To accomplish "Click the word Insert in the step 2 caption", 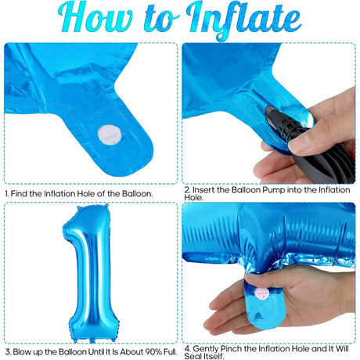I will pyautogui.click(x=208, y=189).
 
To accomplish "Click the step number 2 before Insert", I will pyautogui.click(x=186, y=189).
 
